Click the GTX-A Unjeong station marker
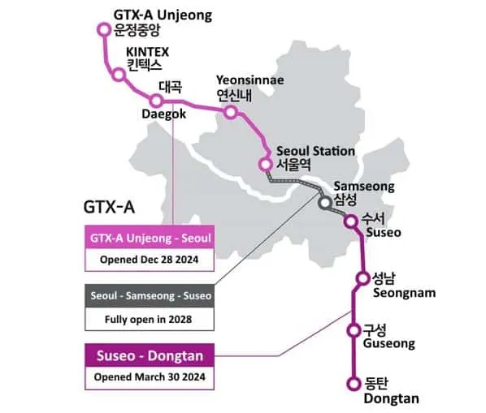coord(103,29)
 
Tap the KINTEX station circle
coord(119,75)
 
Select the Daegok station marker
coord(157,101)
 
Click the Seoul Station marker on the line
coord(265,164)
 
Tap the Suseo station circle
coord(351,221)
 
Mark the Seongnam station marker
coord(362,279)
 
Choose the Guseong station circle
coord(354,330)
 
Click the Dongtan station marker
coord(354,383)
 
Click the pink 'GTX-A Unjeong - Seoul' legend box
coord(150,239)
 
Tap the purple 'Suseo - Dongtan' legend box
coord(150,355)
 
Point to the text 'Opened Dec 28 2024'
coord(150,260)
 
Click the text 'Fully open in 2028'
coord(150,318)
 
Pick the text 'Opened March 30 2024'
coord(150,378)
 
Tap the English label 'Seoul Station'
coord(315,151)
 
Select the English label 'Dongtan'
coord(391,398)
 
